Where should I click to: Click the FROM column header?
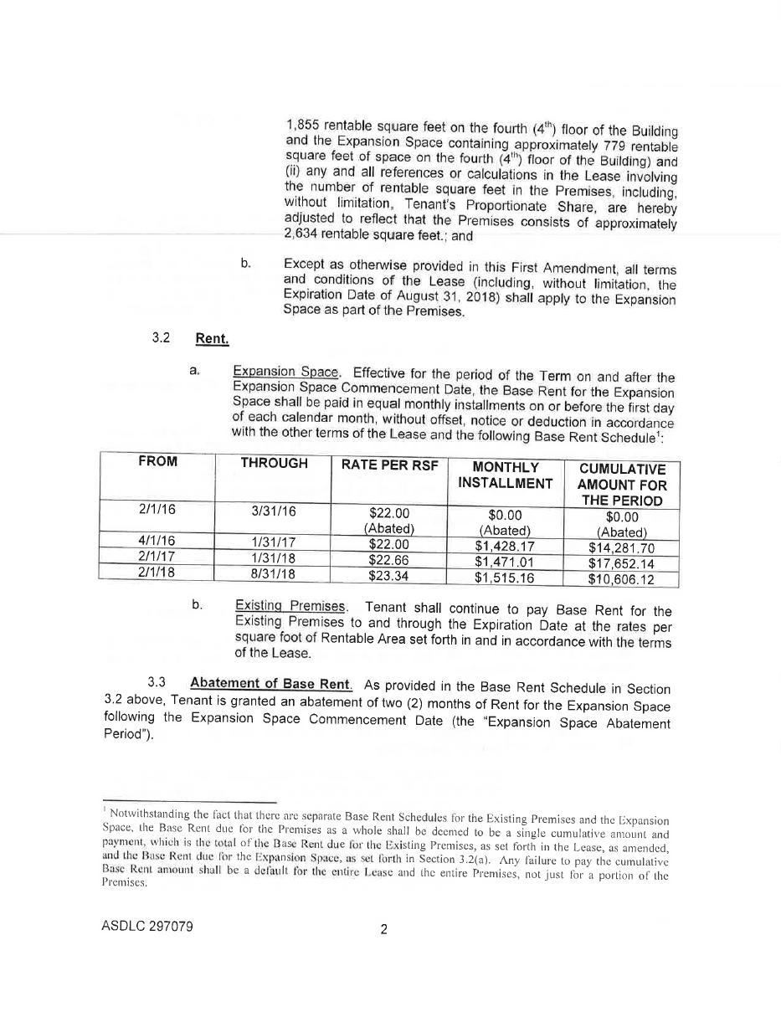click(157, 461)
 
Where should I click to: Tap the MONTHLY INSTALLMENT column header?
click(505, 475)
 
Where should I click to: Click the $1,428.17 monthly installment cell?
click(505, 547)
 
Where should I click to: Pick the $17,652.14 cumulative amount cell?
click(621, 563)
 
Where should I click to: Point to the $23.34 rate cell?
click(388, 576)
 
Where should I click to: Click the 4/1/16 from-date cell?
click(157, 540)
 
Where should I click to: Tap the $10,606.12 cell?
click(621, 579)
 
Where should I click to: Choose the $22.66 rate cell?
click(388, 560)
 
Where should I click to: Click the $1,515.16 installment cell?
click(505, 578)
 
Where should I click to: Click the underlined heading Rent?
click(212, 338)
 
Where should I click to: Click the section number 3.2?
click(161, 337)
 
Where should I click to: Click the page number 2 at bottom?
click(383, 928)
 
